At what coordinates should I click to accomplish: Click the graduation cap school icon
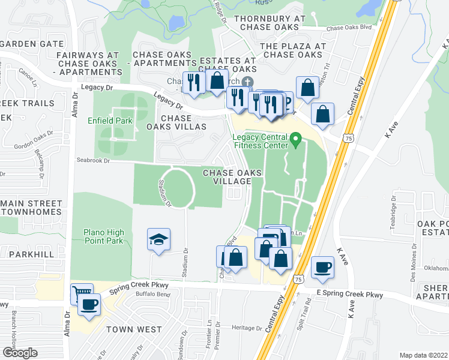point(158,240)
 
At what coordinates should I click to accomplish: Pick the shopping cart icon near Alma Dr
point(80,293)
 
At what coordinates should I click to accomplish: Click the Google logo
point(20,352)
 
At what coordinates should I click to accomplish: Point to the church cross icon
point(247,82)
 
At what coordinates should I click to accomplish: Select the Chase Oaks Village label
point(232,177)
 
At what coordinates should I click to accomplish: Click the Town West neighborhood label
point(134,329)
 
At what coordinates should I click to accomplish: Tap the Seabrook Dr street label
point(93,160)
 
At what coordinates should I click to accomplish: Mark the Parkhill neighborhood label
point(28,254)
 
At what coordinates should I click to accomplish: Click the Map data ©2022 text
point(424,355)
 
